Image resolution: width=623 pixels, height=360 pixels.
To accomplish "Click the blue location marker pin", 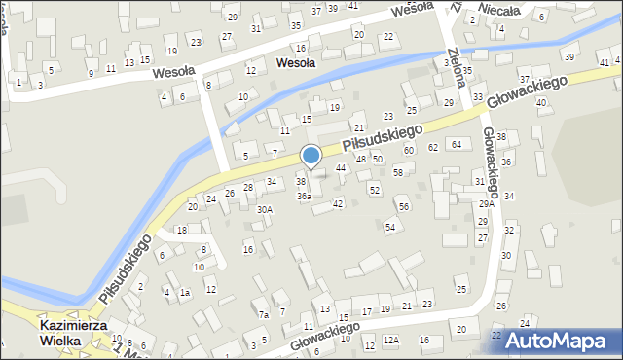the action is point(311,156).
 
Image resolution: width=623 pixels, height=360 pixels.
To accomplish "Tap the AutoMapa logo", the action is point(557,341).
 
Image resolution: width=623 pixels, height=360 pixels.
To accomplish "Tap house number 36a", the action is point(305,196).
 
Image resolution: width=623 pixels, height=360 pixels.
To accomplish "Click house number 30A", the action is point(264,209).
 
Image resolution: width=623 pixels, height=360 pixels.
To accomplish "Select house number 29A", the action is point(487,204).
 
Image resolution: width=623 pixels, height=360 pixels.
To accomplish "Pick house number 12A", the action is point(391,340).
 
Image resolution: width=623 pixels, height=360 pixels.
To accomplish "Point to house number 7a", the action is point(263,314).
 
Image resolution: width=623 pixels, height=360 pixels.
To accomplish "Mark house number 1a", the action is point(184,292).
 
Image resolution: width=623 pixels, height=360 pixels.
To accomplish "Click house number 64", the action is point(456,144).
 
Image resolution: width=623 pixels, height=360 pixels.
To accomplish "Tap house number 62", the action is point(433,148).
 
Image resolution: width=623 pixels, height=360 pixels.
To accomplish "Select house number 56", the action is point(403,207).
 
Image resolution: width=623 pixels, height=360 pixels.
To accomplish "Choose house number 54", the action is point(389,227).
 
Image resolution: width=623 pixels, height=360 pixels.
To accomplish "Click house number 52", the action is point(374,190).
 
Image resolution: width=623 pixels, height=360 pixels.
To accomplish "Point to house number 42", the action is point(338,203).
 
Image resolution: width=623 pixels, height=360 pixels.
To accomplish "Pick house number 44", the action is point(341,168).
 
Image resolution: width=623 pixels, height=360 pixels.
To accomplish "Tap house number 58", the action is point(398,172).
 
